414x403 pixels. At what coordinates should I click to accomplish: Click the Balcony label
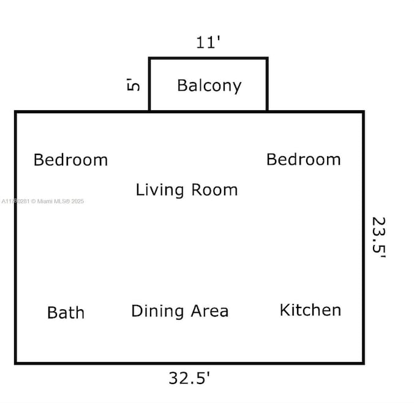(x=209, y=86)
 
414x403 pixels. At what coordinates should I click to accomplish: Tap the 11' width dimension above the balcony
(x=208, y=43)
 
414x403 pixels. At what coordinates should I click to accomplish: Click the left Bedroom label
(x=70, y=160)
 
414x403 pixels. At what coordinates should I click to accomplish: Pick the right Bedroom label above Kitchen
(x=303, y=159)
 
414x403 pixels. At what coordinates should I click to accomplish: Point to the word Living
(x=159, y=190)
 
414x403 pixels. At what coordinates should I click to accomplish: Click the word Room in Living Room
(x=214, y=190)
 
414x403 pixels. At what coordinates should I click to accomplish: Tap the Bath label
(x=66, y=312)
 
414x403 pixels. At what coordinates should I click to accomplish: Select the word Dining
(x=157, y=311)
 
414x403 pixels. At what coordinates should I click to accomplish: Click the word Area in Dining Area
(x=209, y=311)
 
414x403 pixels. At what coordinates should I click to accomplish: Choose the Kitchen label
(x=310, y=310)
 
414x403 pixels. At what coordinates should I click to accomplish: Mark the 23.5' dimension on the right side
(x=378, y=238)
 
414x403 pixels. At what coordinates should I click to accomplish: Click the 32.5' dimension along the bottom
(x=189, y=378)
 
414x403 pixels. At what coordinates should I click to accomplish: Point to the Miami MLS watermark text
(x=43, y=201)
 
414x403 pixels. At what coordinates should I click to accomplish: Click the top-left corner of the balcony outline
(x=150, y=59)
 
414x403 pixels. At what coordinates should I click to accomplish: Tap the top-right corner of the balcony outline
(x=267, y=59)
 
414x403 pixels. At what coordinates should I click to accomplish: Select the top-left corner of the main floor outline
(x=16, y=112)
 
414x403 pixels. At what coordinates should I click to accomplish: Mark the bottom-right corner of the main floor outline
(x=363, y=363)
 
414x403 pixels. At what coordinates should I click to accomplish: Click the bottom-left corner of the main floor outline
(x=16, y=363)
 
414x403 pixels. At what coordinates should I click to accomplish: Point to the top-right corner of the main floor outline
(x=363, y=112)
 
